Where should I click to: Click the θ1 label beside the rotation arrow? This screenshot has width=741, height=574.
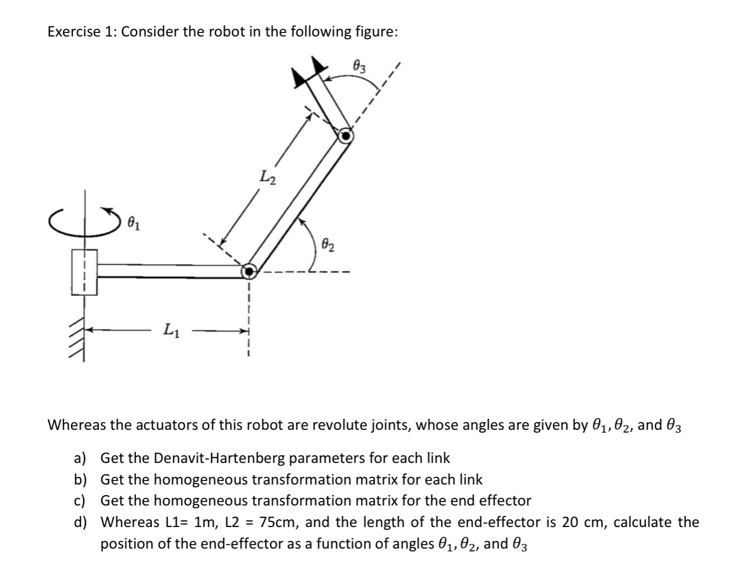pos(134,224)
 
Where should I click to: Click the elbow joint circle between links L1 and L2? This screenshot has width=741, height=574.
pos(249,271)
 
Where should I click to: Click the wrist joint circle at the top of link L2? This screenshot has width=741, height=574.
pos(345,135)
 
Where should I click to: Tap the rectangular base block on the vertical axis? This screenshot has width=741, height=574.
pos(84,272)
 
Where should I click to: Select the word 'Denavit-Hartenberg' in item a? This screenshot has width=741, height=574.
pos(220,458)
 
